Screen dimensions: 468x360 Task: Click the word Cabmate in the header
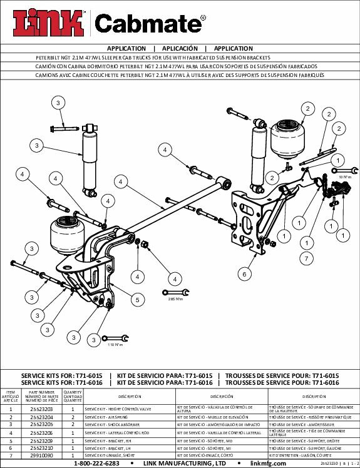click(149, 24)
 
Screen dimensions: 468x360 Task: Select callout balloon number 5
click(134, 299)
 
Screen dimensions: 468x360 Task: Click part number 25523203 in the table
click(42, 409)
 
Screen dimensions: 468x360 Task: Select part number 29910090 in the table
click(42, 457)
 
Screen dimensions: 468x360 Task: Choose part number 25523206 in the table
click(42, 432)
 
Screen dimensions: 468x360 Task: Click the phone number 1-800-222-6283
click(97, 464)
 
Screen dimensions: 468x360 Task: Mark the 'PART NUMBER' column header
click(42, 395)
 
